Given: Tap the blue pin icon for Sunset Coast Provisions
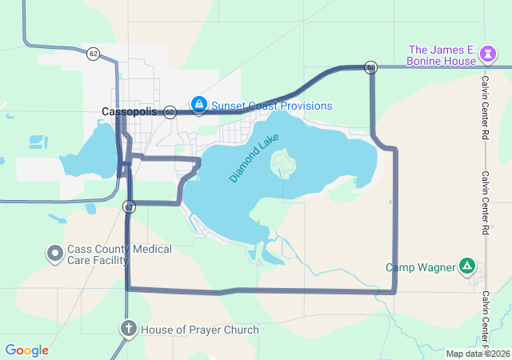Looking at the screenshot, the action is [198, 105].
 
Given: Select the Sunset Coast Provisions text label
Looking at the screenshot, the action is [271, 106].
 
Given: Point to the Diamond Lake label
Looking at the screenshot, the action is [255, 158].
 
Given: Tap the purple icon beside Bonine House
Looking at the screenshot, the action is [488, 54].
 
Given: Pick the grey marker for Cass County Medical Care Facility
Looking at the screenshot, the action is [55, 254].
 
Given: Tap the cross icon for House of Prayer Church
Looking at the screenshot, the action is [128, 329].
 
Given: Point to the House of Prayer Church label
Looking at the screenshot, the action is [200, 330].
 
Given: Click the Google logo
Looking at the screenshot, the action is [26, 350].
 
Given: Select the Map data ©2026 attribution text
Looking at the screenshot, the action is [478, 354].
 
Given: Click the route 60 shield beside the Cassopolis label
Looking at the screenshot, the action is [170, 112].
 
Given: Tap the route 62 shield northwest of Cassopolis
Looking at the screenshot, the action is [94, 54].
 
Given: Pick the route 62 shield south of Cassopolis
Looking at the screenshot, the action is [129, 206].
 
